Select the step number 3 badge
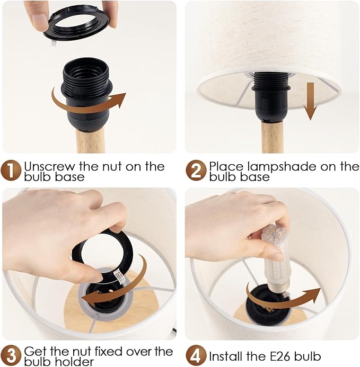(x=11, y=356)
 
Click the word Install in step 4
(x=225, y=356)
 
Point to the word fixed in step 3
(x=109, y=351)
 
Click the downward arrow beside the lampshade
(x=310, y=101)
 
